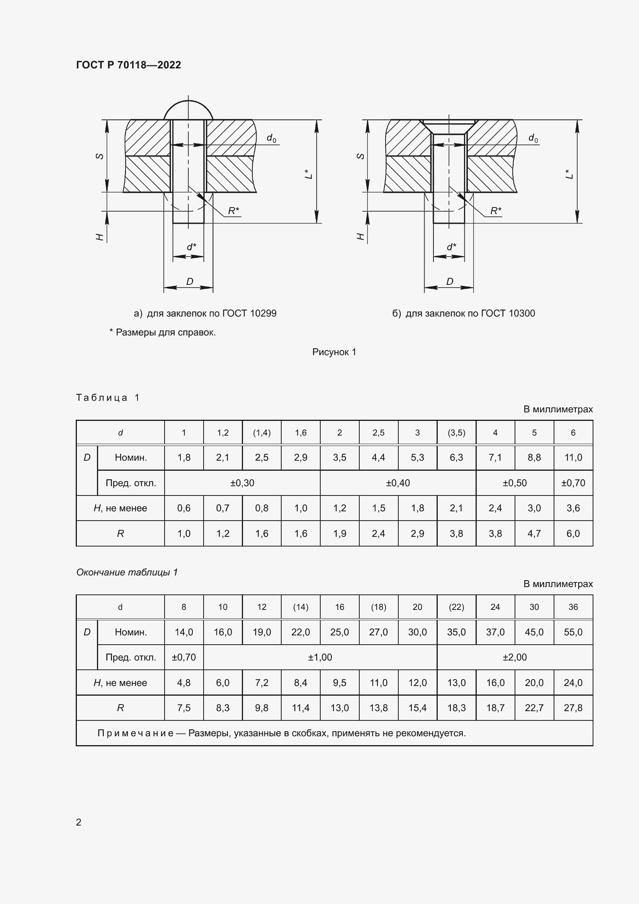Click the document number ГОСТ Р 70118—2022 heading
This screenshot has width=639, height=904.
128,65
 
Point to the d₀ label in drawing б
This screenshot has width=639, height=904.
533,138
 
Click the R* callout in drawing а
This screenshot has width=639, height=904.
233,211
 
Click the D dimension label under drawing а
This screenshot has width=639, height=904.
190,281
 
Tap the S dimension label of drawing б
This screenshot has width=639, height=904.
360,156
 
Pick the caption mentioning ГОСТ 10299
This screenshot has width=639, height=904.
205,313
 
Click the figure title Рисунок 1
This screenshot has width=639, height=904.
334,352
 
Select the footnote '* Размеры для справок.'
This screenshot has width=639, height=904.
163,332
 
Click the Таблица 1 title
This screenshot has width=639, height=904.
108,398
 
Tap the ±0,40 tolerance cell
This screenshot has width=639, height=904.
398,483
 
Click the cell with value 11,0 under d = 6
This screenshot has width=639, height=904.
573,458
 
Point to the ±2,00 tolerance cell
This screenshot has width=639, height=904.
514,657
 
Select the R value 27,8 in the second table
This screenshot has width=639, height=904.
573,708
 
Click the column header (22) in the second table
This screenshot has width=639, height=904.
456,607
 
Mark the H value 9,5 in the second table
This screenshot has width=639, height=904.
339,682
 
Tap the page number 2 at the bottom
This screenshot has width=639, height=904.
79,822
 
